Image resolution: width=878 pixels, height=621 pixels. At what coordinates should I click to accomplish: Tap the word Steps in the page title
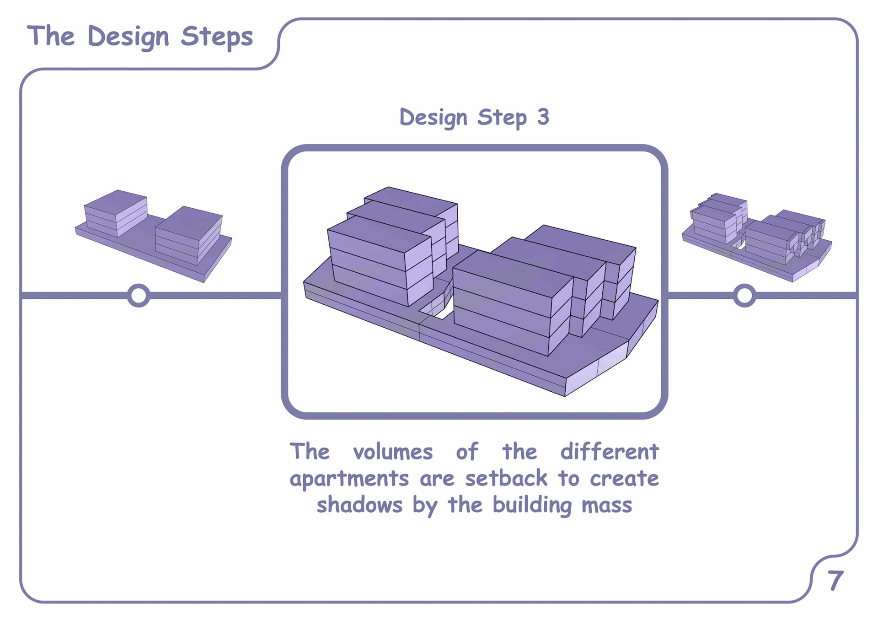(x=216, y=37)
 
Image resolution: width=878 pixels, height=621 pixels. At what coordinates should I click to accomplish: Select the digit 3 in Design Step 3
(x=543, y=117)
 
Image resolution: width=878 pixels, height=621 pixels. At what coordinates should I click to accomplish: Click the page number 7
(x=835, y=580)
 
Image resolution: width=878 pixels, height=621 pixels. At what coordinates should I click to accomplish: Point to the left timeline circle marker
(x=139, y=295)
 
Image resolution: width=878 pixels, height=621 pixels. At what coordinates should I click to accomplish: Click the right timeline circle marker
(x=744, y=295)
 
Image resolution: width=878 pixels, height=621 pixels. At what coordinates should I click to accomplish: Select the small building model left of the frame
(x=153, y=236)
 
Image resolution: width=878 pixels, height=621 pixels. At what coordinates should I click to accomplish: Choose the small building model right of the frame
(x=757, y=237)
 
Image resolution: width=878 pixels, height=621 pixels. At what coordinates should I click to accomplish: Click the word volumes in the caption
(x=393, y=452)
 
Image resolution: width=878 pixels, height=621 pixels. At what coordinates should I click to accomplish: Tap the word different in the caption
(x=610, y=452)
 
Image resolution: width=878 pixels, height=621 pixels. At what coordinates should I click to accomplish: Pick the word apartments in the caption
(x=349, y=479)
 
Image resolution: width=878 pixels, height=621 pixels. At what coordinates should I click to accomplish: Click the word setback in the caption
(x=506, y=478)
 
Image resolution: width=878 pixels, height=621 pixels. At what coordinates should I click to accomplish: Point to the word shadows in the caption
(x=359, y=505)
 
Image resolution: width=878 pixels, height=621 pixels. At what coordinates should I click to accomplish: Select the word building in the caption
(x=532, y=505)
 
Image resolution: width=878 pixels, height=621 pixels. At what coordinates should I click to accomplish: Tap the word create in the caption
(x=624, y=479)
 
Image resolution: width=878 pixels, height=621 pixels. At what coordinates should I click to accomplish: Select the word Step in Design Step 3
(x=502, y=118)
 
